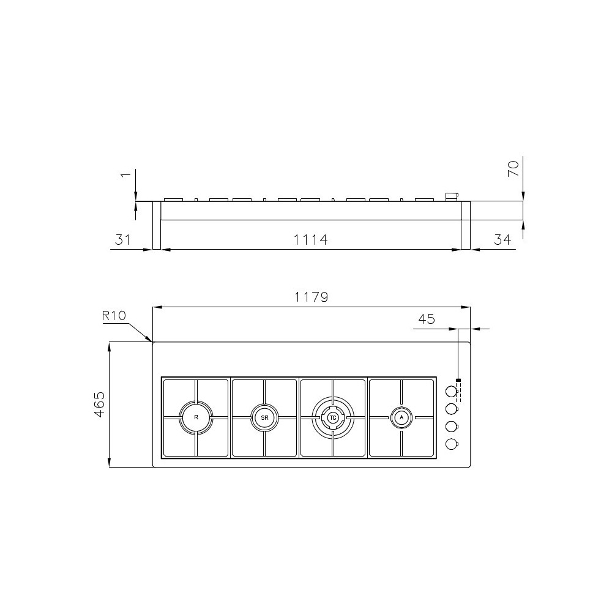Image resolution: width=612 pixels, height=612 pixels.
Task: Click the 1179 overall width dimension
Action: pos(311,297)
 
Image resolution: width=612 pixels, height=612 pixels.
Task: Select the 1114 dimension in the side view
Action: pos(311,240)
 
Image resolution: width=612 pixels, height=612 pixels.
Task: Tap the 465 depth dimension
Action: pos(100,405)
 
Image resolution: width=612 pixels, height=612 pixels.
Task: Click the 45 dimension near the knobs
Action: pos(426,319)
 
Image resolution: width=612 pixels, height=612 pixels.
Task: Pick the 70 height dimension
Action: pos(513,168)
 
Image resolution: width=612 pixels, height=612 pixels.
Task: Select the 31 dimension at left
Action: pos(123,240)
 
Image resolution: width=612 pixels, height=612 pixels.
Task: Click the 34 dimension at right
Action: pos(502,240)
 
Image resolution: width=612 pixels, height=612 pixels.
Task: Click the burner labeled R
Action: pos(196,417)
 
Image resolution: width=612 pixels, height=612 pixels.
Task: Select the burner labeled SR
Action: pos(264,417)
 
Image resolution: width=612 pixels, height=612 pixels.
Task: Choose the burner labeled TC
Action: pos(333,417)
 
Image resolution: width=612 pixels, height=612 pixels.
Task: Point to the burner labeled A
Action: pos(401,417)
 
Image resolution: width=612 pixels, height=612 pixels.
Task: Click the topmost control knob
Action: pos(451,390)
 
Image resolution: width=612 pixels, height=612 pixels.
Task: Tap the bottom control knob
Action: pos(451,444)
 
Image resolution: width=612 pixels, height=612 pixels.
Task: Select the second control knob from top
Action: pos(451,408)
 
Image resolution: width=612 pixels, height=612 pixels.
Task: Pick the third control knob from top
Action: pos(451,427)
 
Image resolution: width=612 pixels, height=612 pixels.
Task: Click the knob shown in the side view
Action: pos(452,196)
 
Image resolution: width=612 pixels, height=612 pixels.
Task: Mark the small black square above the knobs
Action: pos(458,381)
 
